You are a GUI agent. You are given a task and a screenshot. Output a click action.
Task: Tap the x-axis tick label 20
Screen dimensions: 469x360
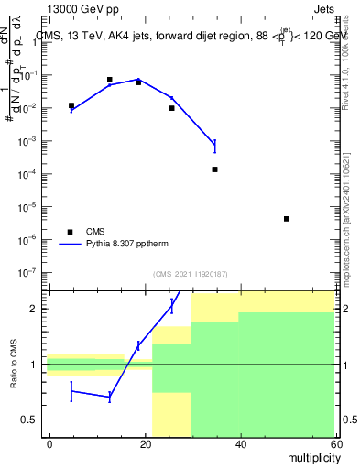145,443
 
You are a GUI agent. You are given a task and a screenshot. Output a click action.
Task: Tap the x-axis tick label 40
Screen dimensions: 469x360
239,443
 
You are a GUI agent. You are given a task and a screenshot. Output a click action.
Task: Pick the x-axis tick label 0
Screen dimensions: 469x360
50,443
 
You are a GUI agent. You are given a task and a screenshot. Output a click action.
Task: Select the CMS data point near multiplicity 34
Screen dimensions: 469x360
214,169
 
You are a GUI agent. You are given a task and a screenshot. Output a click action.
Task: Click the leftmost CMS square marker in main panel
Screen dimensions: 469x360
71,105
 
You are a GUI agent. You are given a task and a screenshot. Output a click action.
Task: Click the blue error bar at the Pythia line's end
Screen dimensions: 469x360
214,145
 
